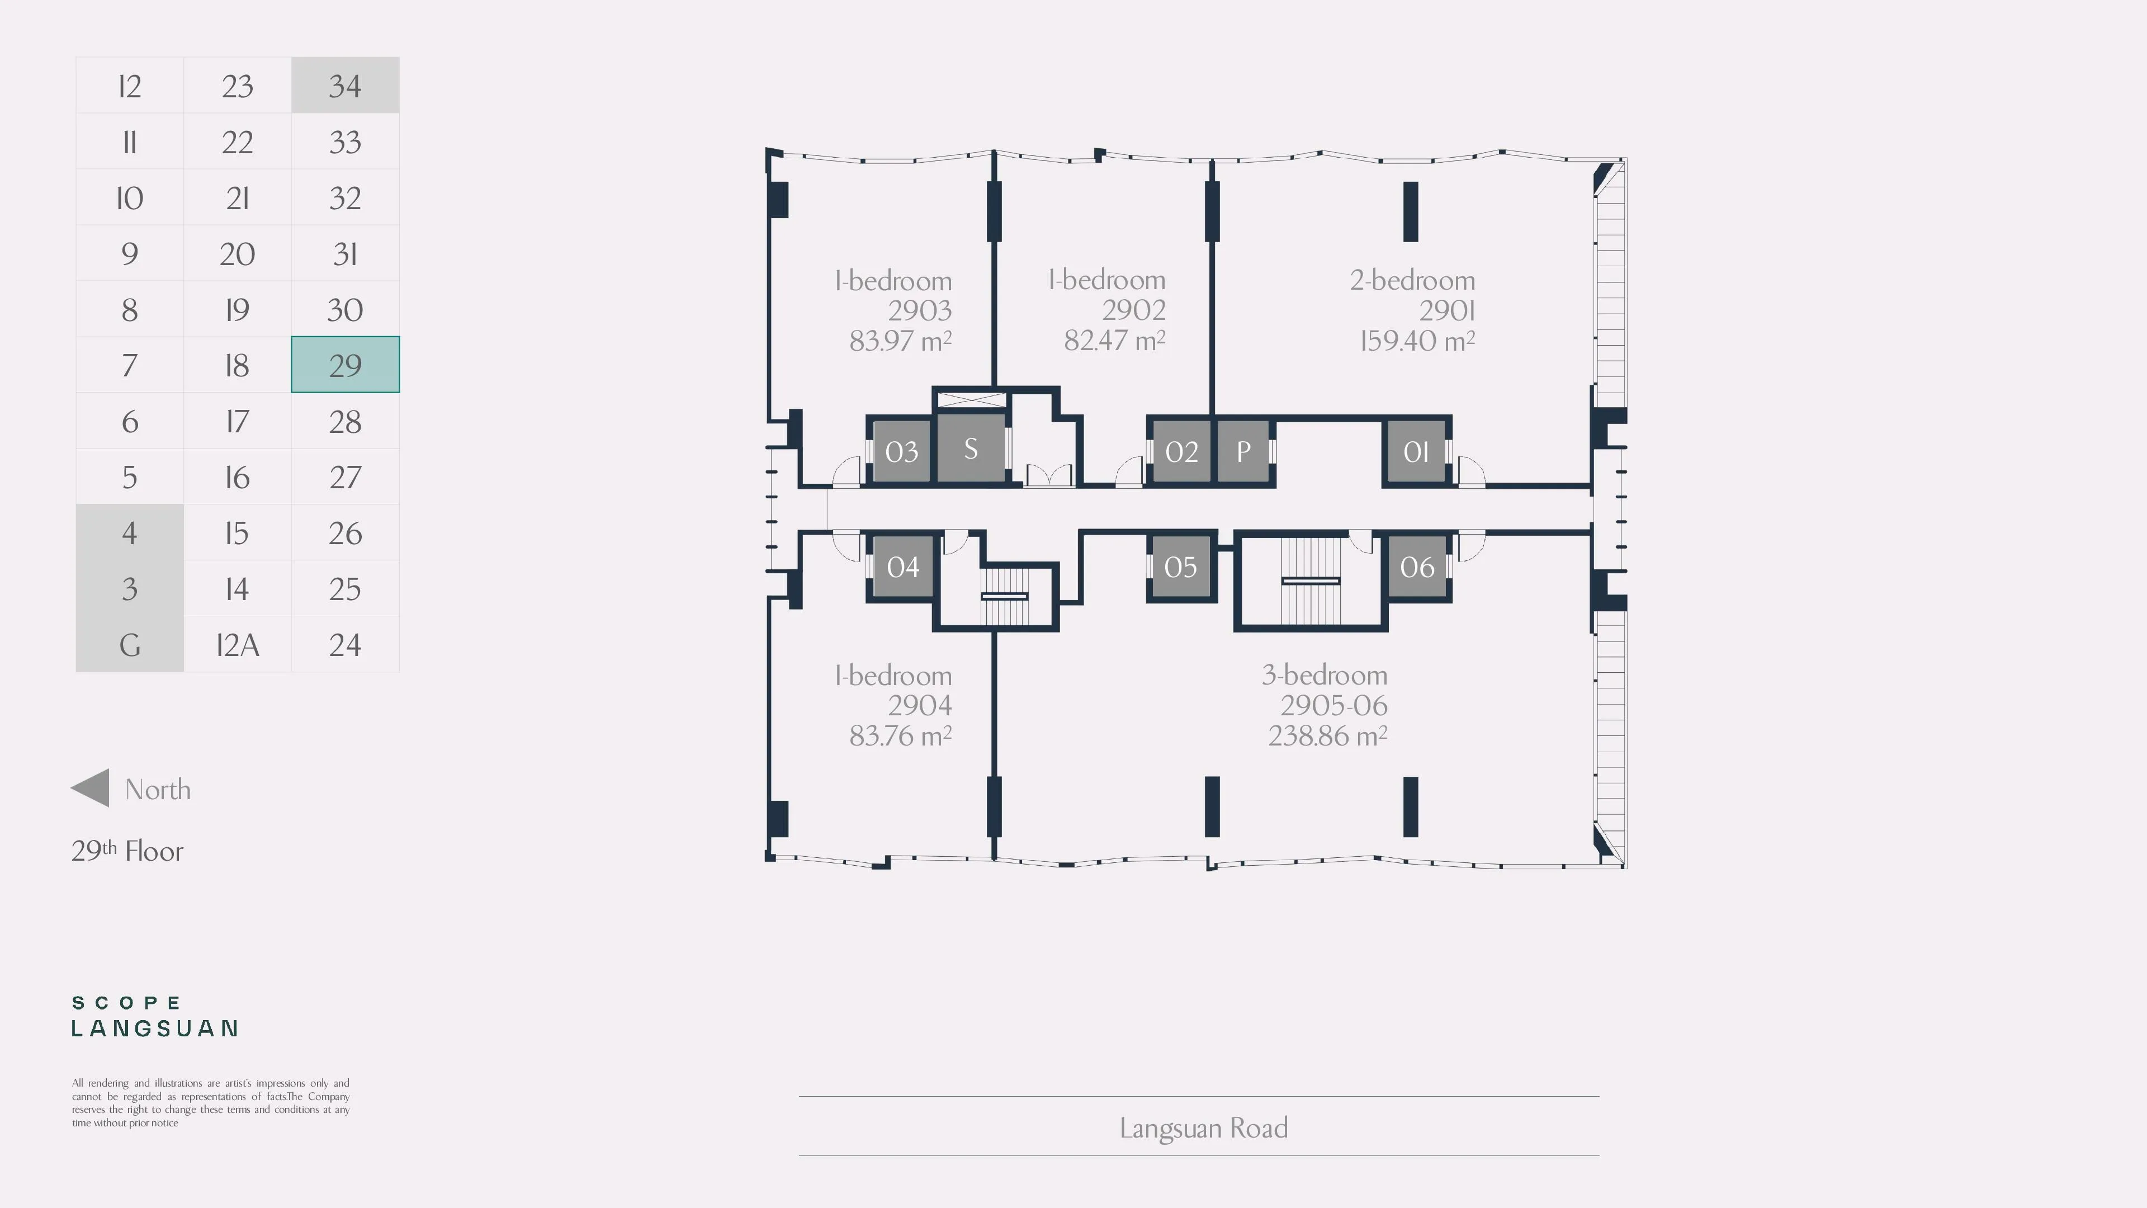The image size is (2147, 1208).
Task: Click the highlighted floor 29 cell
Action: (x=345, y=364)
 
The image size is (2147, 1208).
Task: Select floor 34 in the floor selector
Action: (x=345, y=85)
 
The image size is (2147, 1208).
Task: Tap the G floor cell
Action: (x=129, y=644)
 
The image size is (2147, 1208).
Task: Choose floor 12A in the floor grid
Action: (x=238, y=644)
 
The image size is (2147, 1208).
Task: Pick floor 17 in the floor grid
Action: (x=238, y=421)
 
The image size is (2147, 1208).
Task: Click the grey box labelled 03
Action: (x=901, y=451)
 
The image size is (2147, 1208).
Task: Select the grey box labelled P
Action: (x=1243, y=451)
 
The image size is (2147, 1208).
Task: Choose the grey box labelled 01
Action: (x=1416, y=451)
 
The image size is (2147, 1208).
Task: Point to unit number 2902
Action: (x=1133, y=310)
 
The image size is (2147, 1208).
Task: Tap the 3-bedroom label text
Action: (x=1325, y=674)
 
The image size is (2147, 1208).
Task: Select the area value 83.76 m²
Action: (x=900, y=736)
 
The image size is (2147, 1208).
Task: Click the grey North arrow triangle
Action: (x=90, y=788)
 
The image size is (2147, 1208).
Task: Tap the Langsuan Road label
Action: (x=1204, y=1128)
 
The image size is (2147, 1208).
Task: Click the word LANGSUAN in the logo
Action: (x=155, y=1029)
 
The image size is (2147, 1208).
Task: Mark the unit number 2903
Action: (x=919, y=310)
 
